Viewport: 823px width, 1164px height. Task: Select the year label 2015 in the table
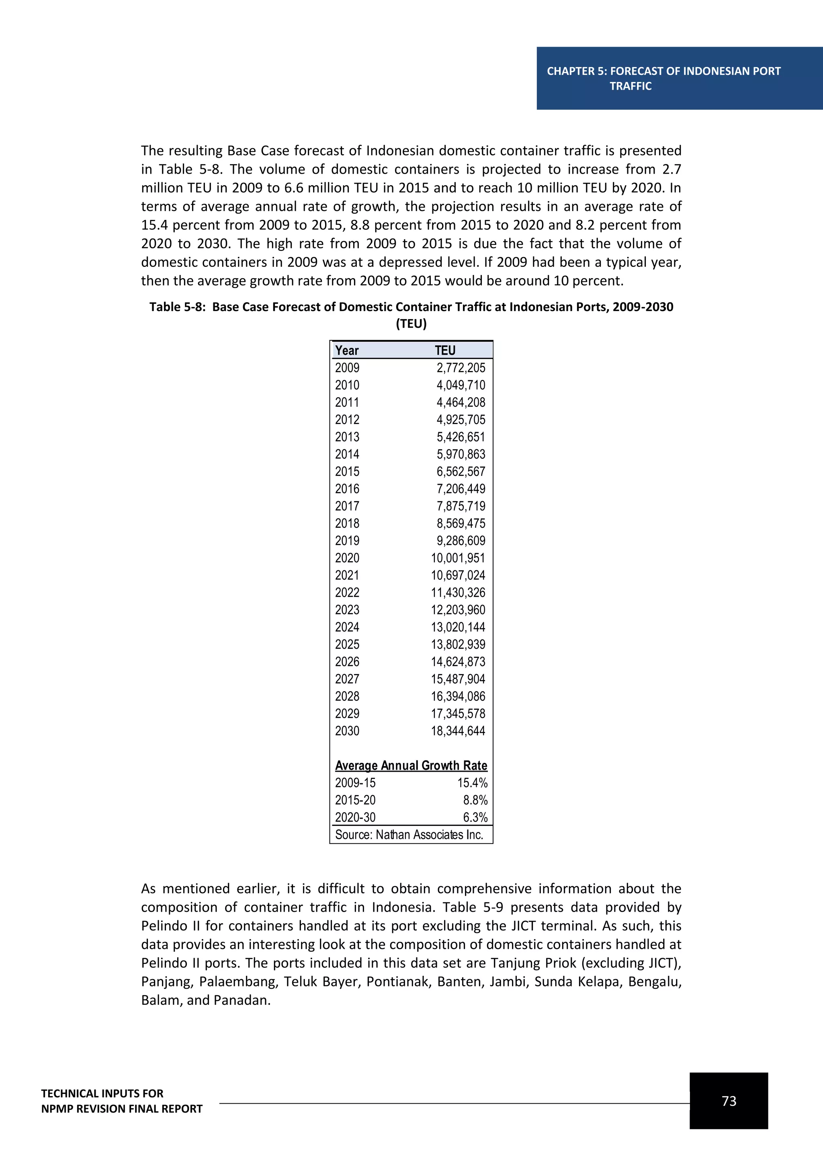(x=347, y=472)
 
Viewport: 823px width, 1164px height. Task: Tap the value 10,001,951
(x=458, y=558)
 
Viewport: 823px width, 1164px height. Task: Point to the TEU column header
(x=445, y=351)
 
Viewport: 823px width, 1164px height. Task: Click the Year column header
(x=347, y=351)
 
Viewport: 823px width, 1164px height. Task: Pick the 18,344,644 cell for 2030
(x=458, y=731)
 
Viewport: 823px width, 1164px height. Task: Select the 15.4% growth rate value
(x=472, y=783)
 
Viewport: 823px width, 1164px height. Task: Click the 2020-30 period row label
(x=355, y=817)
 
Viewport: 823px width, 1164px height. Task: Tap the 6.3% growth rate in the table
(x=475, y=817)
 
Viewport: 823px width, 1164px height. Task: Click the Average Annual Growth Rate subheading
(x=411, y=766)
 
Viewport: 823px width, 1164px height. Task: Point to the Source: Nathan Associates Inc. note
(x=409, y=834)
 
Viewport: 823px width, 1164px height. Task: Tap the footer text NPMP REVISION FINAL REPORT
(x=122, y=1109)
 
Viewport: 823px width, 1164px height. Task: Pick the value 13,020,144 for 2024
(x=458, y=627)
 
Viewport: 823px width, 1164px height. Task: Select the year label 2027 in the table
(x=347, y=679)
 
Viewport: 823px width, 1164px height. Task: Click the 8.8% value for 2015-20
(x=475, y=800)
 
